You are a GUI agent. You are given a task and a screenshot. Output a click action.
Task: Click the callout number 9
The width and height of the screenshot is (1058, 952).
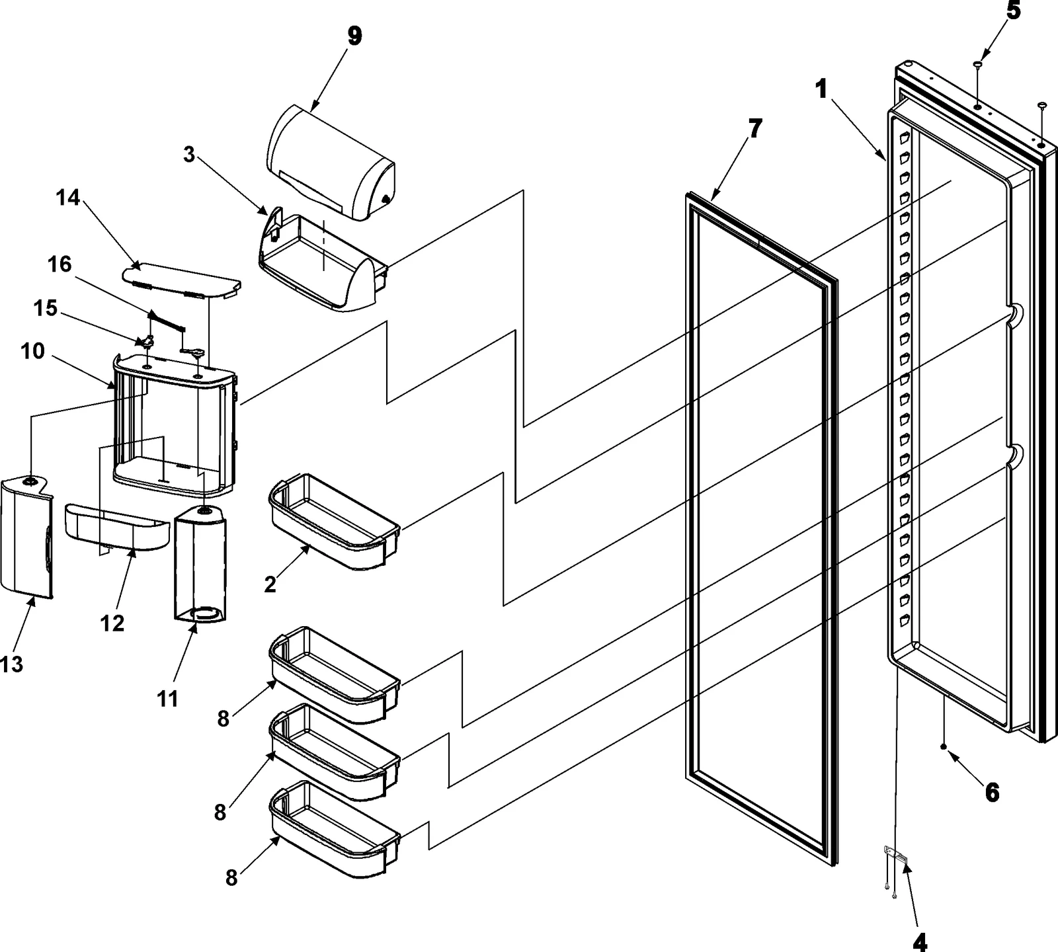(x=354, y=36)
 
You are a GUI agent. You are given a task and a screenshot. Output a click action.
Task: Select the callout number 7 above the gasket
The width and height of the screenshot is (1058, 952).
(x=754, y=128)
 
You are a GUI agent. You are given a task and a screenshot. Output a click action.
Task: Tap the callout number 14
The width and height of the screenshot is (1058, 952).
(x=68, y=198)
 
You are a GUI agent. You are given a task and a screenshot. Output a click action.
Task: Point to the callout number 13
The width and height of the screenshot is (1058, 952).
(x=11, y=664)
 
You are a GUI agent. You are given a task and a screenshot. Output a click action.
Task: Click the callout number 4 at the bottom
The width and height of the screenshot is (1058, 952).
(x=920, y=943)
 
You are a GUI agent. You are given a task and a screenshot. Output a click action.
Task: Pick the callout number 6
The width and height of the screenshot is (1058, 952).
(x=992, y=791)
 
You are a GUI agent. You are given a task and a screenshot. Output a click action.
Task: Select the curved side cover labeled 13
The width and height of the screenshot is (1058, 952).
(x=25, y=535)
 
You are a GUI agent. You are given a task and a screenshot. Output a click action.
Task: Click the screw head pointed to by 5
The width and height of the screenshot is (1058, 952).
(x=977, y=64)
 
